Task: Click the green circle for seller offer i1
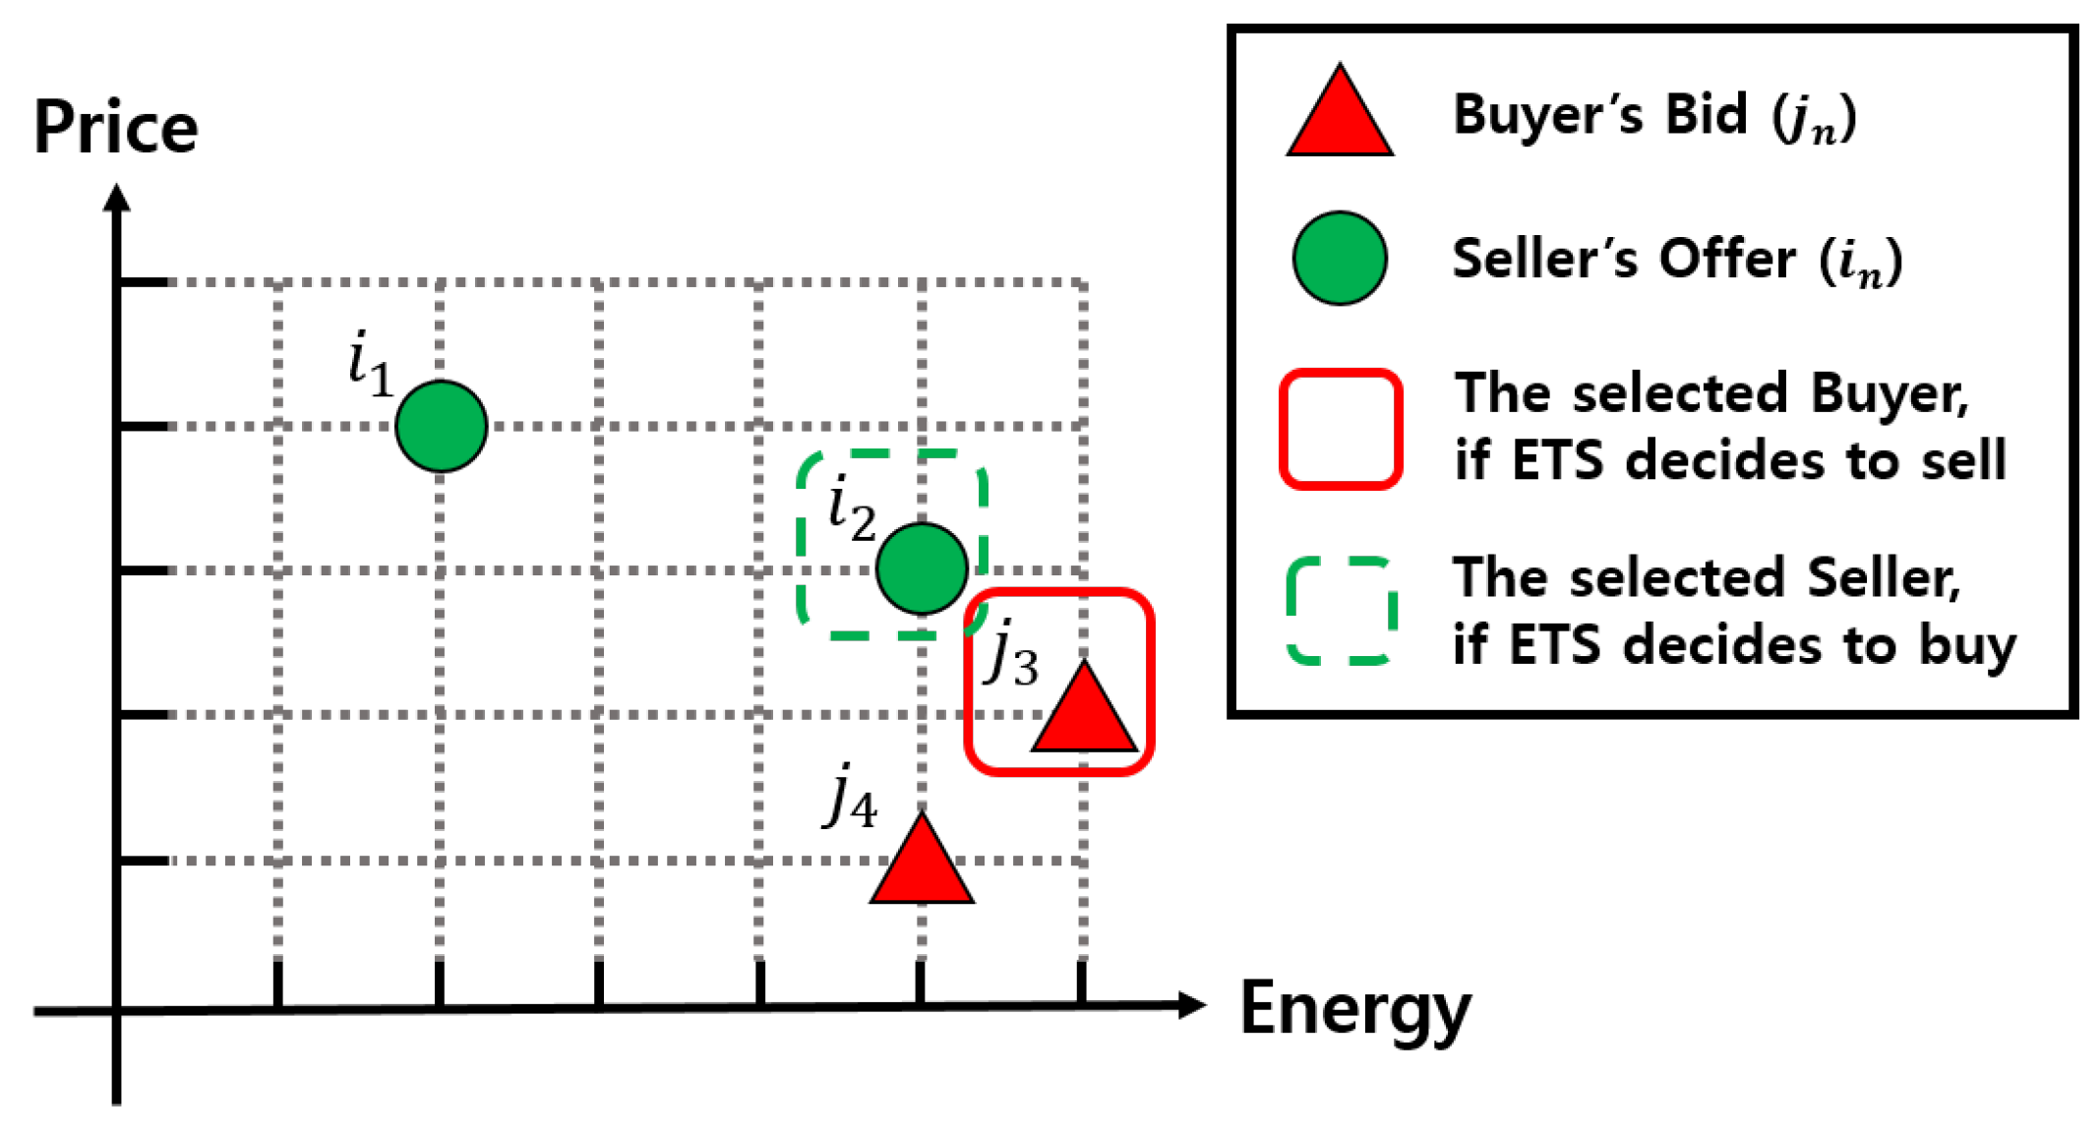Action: pyautogui.click(x=441, y=426)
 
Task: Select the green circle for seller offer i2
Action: pyautogui.click(x=922, y=568)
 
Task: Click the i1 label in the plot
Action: pyautogui.click(x=371, y=364)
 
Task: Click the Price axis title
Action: pyautogui.click(x=116, y=128)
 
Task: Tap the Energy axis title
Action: pyautogui.click(x=1355, y=1009)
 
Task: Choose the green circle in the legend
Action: pyautogui.click(x=1340, y=259)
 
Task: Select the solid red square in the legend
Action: pyautogui.click(x=1340, y=429)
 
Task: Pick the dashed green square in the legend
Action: pyautogui.click(x=1340, y=611)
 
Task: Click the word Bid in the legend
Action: pyautogui.click(x=1706, y=114)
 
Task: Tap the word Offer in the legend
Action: pyautogui.click(x=1727, y=260)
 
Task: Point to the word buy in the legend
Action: pyautogui.click(x=1966, y=646)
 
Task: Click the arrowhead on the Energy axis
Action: pyautogui.click(x=1191, y=1005)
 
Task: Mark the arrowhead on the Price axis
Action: pyautogui.click(x=117, y=198)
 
